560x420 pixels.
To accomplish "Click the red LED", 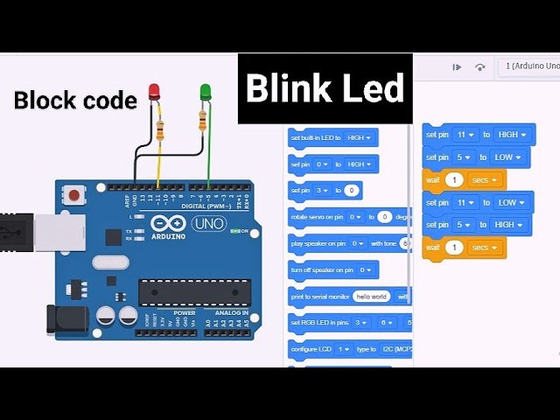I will point(154,91).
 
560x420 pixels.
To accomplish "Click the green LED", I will point(206,91).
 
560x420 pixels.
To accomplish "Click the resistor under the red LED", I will point(159,131).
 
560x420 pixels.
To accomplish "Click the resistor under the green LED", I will point(203,120).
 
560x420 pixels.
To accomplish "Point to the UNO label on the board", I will point(208,223).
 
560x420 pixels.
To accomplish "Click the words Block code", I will point(75,101).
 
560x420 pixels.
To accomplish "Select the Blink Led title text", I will point(325,88).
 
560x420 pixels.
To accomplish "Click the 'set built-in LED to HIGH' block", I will point(332,137).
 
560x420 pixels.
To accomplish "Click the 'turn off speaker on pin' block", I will point(333,270).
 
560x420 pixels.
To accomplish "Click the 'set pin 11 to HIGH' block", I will point(478,135).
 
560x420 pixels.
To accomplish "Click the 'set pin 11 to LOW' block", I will point(477,202).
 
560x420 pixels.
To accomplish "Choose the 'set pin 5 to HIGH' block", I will point(477,225).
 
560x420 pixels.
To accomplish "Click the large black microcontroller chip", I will point(194,293).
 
